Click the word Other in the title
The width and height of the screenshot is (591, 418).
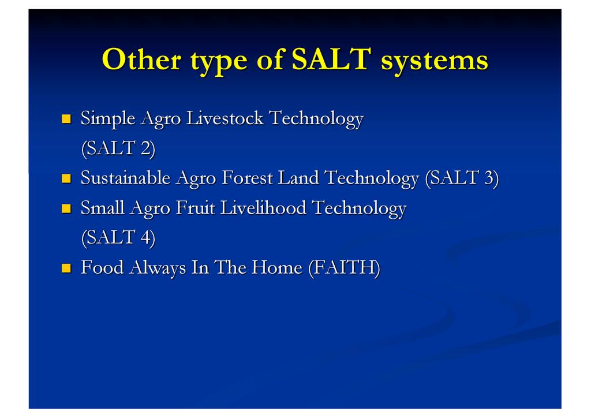point(142,59)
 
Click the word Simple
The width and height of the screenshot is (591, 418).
point(108,119)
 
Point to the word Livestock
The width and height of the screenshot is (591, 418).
point(225,118)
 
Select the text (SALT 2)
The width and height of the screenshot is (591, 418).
point(118,148)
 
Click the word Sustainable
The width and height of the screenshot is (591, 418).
point(125,177)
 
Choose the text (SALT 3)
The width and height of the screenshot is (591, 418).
point(462,178)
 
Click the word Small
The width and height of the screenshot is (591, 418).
point(103,208)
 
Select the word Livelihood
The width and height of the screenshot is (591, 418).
point(263,208)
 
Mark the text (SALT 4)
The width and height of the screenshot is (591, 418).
point(118,238)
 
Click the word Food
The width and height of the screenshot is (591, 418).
point(102,267)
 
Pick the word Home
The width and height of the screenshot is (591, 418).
point(277,267)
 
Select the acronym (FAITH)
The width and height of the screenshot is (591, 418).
point(344,268)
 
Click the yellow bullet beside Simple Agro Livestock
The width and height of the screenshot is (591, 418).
point(66,119)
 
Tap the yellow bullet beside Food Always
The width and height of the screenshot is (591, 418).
point(66,268)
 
